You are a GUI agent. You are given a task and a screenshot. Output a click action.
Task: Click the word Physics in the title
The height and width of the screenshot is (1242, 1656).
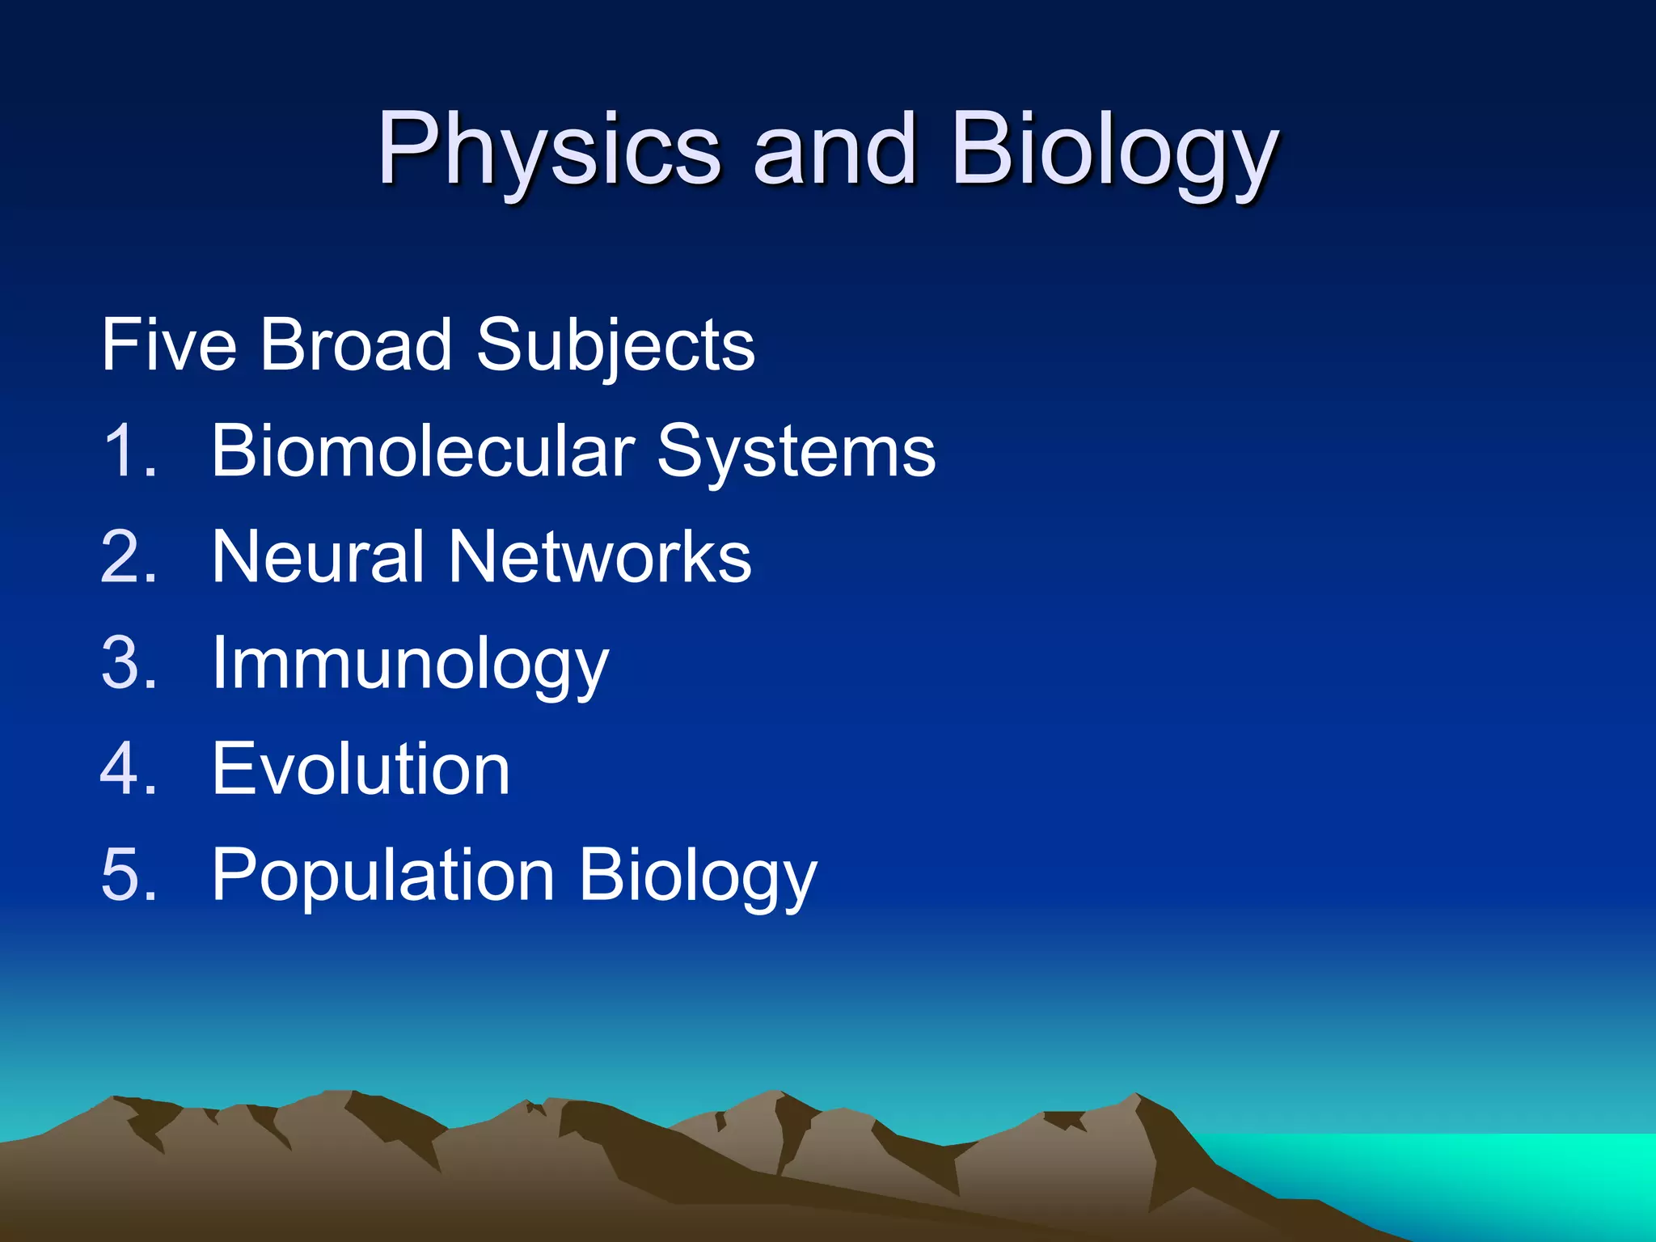click(x=549, y=150)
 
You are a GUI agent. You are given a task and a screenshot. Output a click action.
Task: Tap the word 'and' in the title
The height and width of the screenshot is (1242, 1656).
click(x=834, y=149)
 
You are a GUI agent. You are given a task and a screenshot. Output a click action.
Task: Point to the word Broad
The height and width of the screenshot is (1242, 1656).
click(x=356, y=345)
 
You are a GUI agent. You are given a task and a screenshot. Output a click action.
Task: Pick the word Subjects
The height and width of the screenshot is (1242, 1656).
click(x=615, y=348)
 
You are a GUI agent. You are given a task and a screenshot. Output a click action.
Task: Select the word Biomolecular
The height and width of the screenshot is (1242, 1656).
click(x=422, y=451)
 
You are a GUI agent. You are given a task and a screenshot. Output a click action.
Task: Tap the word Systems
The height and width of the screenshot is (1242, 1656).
click(x=796, y=453)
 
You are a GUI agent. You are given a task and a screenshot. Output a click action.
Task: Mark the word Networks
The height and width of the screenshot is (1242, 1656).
click(x=600, y=557)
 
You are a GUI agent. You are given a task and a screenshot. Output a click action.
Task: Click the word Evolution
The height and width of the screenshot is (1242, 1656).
click(x=361, y=769)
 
